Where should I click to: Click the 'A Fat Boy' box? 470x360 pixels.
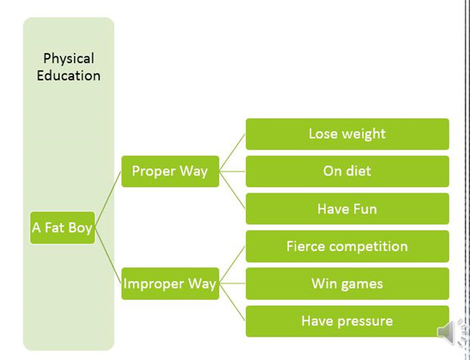(62, 229)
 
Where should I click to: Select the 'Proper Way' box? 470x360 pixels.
(170, 171)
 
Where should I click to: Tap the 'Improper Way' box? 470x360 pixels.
(170, 283)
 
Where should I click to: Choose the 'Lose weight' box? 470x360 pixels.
(347, 134)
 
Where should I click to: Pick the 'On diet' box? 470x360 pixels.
(347, 171)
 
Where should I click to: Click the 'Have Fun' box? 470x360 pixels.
(347, 209)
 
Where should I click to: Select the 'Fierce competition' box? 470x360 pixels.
(347, 247)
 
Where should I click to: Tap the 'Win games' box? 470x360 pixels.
(347, 283)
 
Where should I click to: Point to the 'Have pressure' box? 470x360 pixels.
(347, 321)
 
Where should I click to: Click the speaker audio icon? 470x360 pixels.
(450, 333)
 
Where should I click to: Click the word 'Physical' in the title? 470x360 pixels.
(68, 59)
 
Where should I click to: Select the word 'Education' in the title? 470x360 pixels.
(68, 76)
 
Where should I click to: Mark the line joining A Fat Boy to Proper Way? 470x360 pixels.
(108, 200)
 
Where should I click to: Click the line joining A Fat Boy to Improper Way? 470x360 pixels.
(108, 256)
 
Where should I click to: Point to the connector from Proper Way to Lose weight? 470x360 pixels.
(233, 153)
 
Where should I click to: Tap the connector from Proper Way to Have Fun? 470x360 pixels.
(233, 190)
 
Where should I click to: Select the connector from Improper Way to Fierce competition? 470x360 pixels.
(233, 265)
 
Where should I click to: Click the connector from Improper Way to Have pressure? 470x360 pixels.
(233, 302)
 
